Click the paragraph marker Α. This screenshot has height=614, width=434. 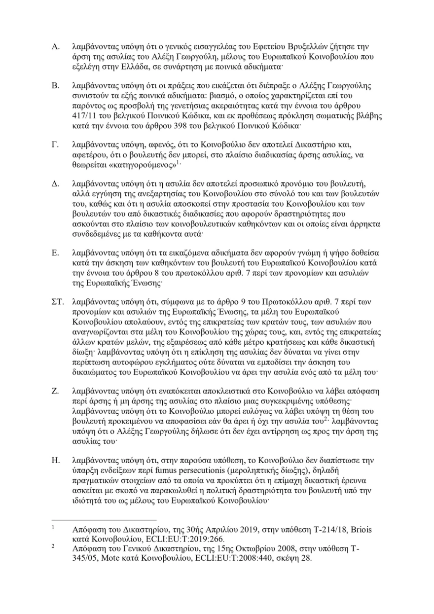pyautogui.click(x=56, y=48)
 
